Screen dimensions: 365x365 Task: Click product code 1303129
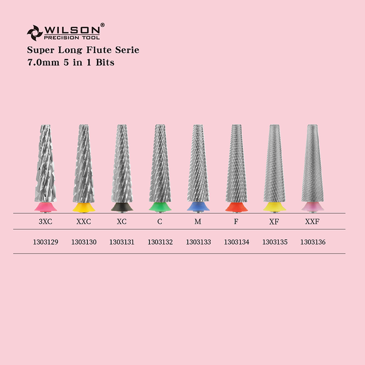(46, 242)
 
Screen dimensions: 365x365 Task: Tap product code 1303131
(121, 242)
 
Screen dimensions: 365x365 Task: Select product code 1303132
(160, 242)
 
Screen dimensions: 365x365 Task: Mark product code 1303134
(236, 242)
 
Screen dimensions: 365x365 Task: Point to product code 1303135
(274, 242)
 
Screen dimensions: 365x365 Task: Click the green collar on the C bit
(160, 206)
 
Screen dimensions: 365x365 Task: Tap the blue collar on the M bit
(198, 206)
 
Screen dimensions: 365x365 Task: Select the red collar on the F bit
(236, 206)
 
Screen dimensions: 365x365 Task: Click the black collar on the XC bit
(121, 206)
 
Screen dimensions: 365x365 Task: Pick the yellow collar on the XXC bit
(83, 206)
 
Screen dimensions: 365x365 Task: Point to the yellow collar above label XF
(274, 206)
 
